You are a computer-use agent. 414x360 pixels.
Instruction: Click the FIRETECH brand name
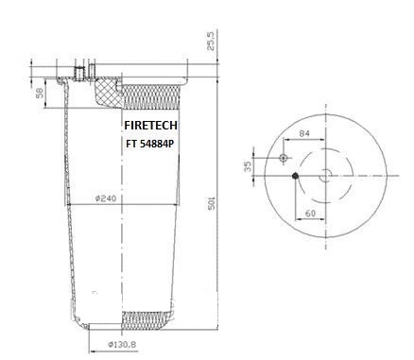(x=150, y=126)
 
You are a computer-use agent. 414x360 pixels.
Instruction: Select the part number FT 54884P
(x=150, y=144)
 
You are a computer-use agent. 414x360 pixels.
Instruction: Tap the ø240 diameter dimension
(x=106, y=198)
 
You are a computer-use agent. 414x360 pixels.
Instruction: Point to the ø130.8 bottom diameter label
(x=122, y=344)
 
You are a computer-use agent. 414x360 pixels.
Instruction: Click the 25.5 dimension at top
(x=211, y=41)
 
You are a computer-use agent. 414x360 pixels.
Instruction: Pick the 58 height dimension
(x=40, y=93)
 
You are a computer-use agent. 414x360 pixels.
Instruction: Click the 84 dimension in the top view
(x=304, y=133)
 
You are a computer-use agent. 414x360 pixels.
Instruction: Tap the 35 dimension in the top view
(x=249, y=166)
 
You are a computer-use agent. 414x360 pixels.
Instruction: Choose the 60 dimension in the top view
(x=310, y=214)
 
